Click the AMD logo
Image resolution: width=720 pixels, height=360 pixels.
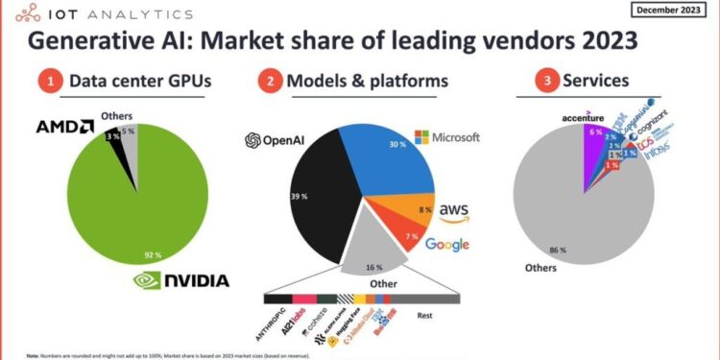click(x=65, y=127)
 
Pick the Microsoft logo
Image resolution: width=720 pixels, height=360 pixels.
click(x=445, y=137)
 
